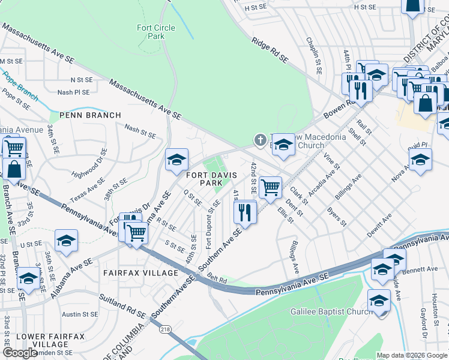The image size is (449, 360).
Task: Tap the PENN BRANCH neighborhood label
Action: [90, 115]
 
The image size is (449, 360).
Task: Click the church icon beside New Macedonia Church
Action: [260, 140]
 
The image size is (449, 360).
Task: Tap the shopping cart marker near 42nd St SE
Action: [271, 187]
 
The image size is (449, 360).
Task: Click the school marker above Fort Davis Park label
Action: [176, 160]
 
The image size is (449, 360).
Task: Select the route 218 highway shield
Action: [164, 328]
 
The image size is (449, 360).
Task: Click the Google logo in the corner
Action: [20, 353]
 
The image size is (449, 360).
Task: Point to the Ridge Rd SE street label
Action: [270, 50]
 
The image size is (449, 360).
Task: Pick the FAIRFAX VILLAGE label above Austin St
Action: [140, 273]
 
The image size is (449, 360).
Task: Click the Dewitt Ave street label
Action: [379, 225]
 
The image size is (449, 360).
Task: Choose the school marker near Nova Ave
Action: [420, 160]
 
